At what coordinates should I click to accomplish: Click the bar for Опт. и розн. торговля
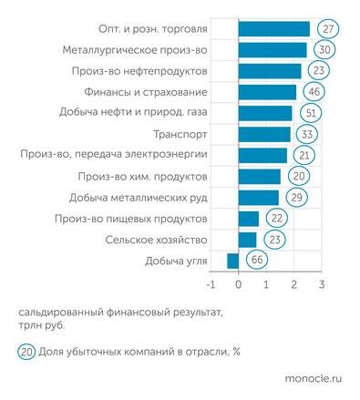tap(273, 28)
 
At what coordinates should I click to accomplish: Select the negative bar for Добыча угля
tap(232, 261)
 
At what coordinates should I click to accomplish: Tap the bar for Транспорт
tap(264, 134)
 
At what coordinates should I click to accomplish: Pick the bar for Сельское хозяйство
tap(247, 240)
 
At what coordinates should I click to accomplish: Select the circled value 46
tap(317, 92)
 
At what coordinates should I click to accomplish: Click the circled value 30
tap(325, 49)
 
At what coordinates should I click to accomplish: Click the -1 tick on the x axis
tap(210, 284)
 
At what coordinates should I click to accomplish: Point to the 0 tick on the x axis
tap(238, 284)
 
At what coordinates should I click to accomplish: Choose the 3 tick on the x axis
tap(322, 284)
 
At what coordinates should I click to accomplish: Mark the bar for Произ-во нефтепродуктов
tap(269, 70)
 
